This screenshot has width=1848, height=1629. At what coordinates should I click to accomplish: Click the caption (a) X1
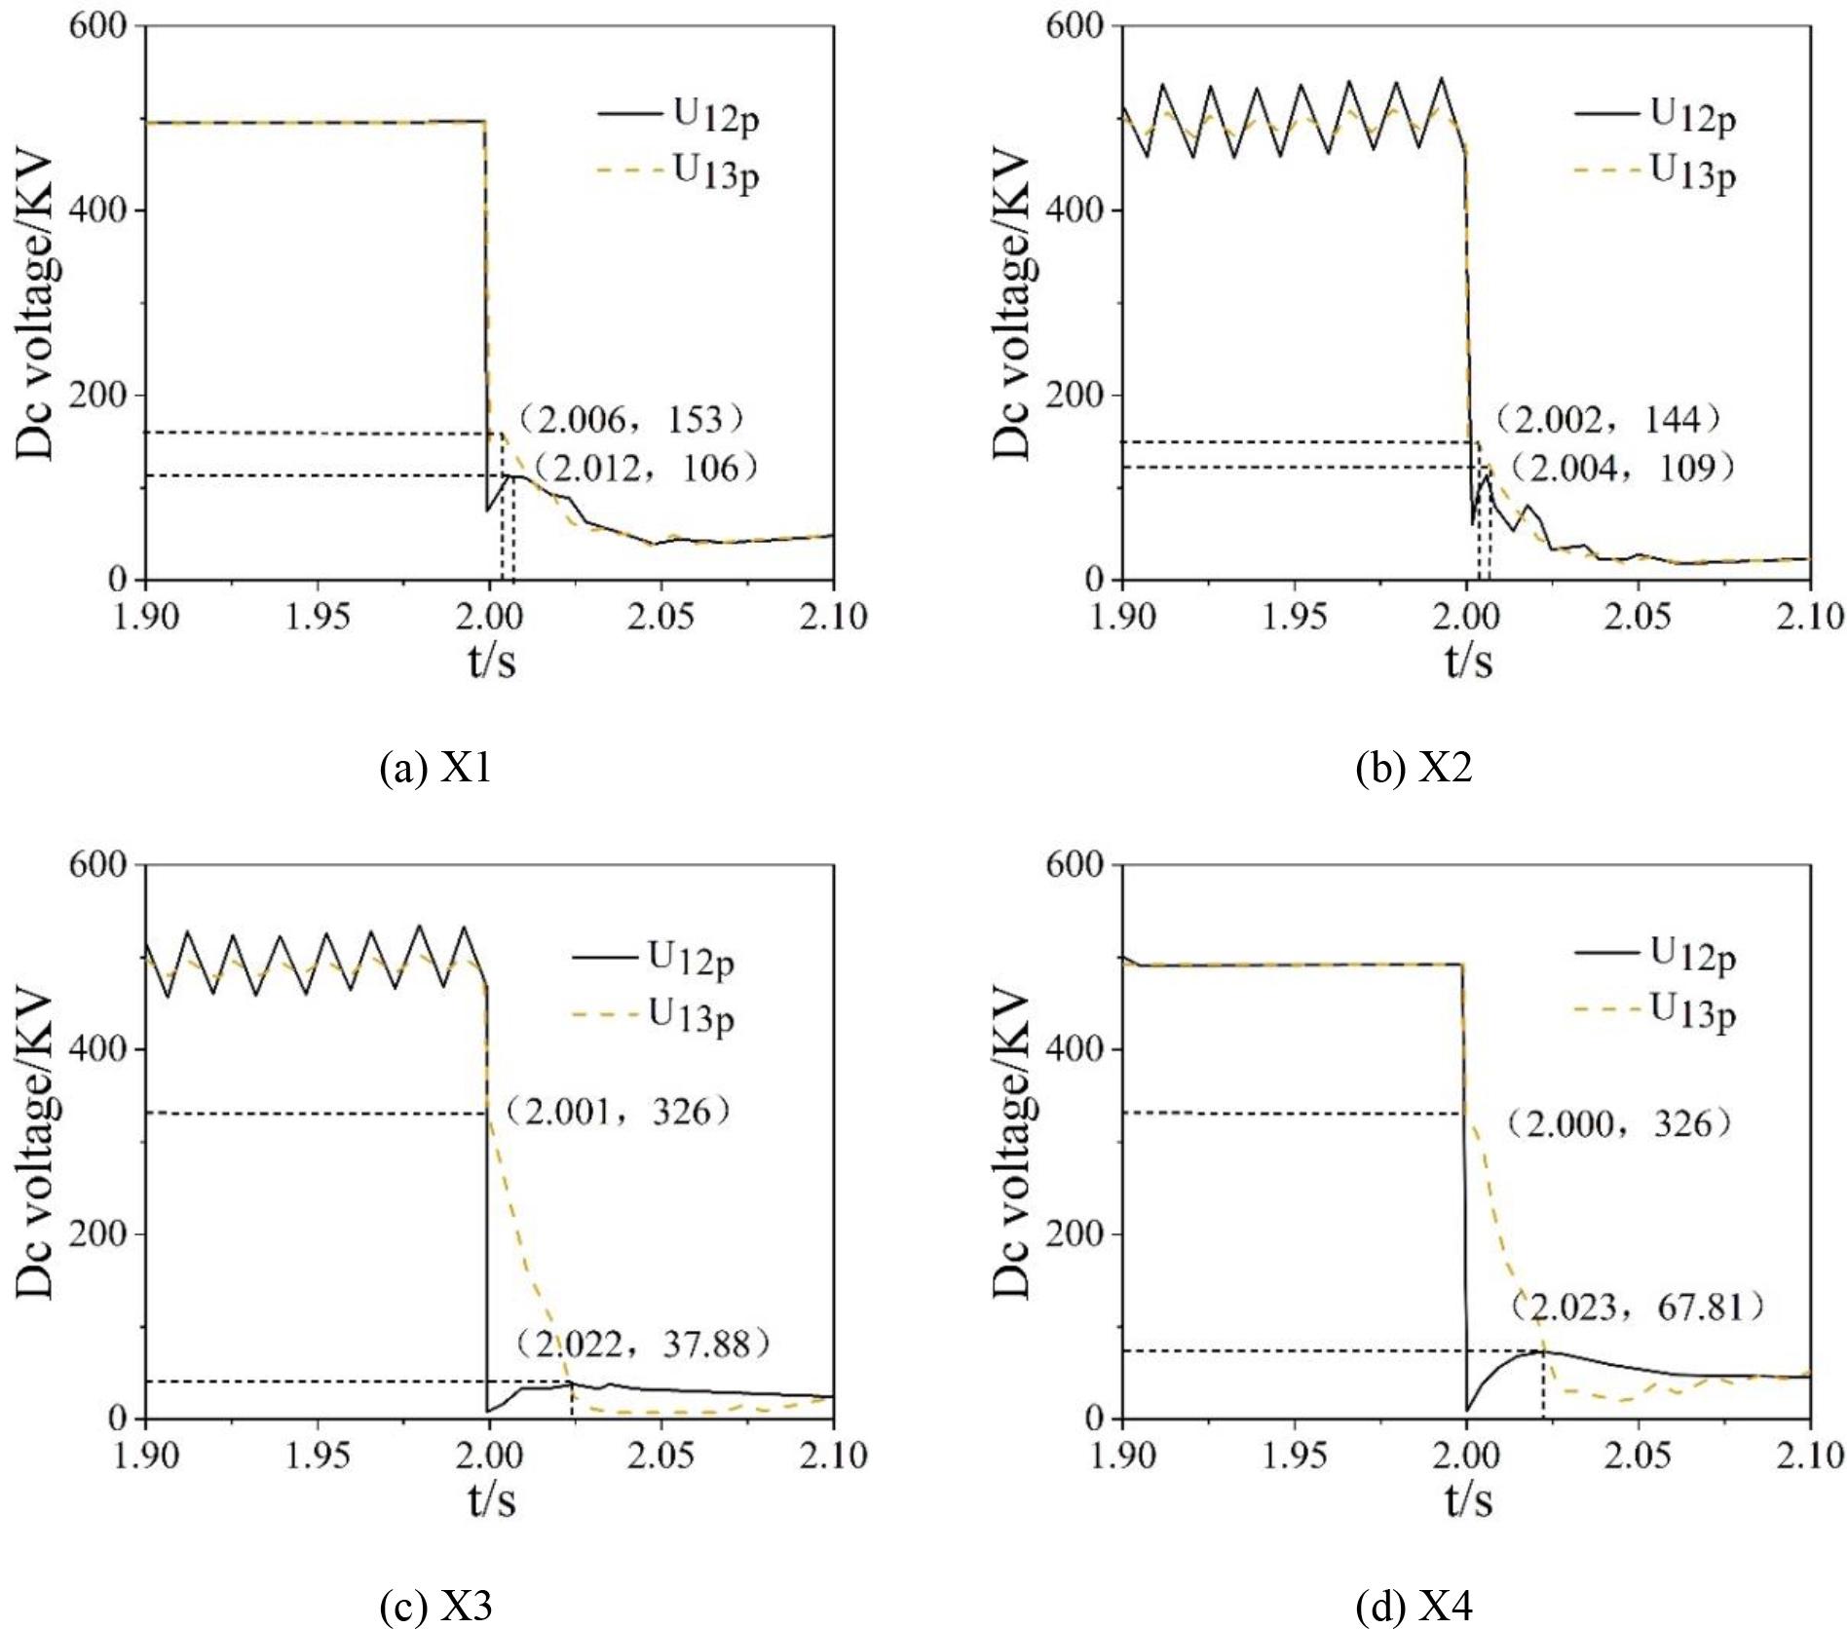tap(435, 769)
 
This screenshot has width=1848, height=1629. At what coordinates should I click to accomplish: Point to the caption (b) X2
tap(1414, 769)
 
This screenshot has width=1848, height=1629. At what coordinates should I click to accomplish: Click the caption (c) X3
tap(435, 1606)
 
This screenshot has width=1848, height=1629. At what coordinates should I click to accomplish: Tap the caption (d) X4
tap(1414, 1606)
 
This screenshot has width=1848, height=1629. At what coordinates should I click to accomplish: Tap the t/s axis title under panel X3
tap(491, 1499)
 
